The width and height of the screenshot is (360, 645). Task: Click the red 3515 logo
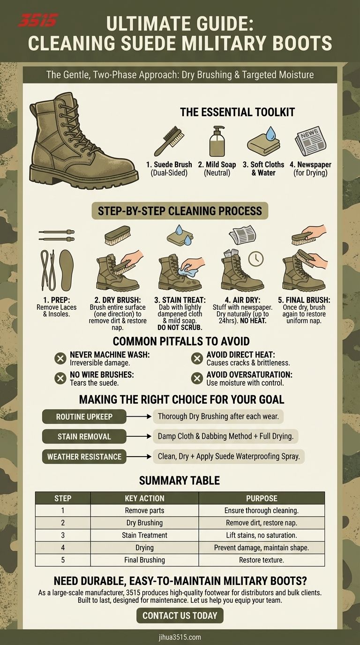(38, 21)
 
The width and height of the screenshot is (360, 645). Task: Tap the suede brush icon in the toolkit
(169, 141)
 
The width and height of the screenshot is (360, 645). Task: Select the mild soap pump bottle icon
(217, 141)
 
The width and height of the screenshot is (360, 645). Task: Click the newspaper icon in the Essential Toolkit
(310, 141)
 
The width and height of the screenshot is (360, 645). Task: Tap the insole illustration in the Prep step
(67, 270)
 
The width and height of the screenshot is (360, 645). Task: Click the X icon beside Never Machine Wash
(60, 359)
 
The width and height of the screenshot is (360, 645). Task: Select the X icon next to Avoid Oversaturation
(197, 378)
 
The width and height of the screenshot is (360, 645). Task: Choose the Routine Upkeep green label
(84, 416)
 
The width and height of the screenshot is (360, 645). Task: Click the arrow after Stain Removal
(139, 436)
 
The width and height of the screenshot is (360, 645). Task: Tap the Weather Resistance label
(84, 457)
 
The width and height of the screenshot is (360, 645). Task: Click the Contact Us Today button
(180, 615)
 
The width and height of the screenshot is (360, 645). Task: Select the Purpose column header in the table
(262, 498)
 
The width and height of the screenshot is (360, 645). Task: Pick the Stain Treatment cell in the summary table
(144, 535)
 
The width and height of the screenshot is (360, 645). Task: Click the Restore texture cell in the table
(262, 560)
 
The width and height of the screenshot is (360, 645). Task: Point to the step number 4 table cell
(63, 547)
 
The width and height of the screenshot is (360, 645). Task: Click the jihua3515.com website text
(180, 637)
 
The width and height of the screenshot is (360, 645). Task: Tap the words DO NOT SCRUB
(180, 328)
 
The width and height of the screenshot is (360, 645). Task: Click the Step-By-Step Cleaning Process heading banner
(180, 211)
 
